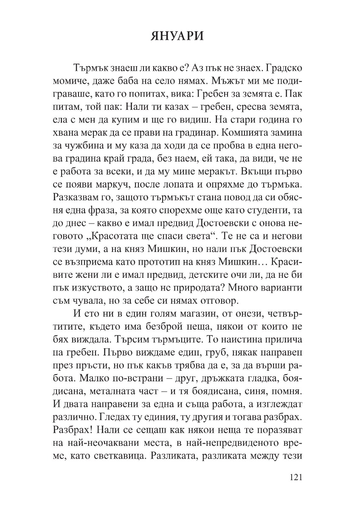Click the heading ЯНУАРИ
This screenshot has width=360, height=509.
click(180, 36)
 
